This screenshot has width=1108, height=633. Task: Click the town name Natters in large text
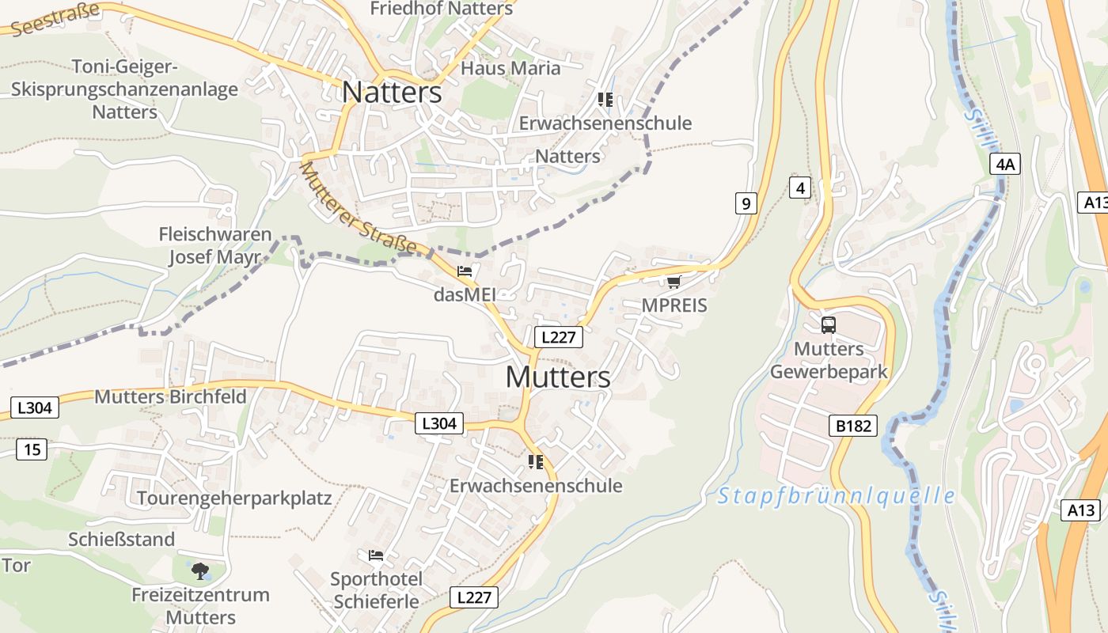coord(392,93)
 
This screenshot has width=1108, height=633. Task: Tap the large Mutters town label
coord(558,377)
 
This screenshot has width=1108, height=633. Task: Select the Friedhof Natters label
coord(442,9)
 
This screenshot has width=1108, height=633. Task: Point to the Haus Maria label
coord(510,68)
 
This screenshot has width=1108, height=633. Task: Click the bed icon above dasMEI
coord(465,271)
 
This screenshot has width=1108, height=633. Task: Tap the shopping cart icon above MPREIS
coord(674,282)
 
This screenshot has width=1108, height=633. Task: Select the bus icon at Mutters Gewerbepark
coord(828,324)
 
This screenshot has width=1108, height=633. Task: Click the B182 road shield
coord(853,426)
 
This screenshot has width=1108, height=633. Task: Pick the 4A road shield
coord(1004,165)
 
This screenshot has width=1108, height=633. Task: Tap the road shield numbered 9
coord(746,203)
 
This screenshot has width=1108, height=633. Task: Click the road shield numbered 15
coord(32,450)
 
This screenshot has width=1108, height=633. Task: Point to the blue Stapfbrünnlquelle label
coord(836,496)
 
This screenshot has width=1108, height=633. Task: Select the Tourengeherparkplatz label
coord(234,498)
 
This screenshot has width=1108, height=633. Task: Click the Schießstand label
coord(121,540)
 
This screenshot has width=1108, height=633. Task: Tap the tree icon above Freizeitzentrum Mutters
coord(200,570)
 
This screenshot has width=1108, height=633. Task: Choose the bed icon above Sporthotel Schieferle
coord(376,555)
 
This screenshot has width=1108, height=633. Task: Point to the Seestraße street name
coord(55,19)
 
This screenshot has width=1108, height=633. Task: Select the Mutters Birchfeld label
coord(170,396)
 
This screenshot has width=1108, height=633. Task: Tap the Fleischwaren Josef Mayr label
coord(214,246)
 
